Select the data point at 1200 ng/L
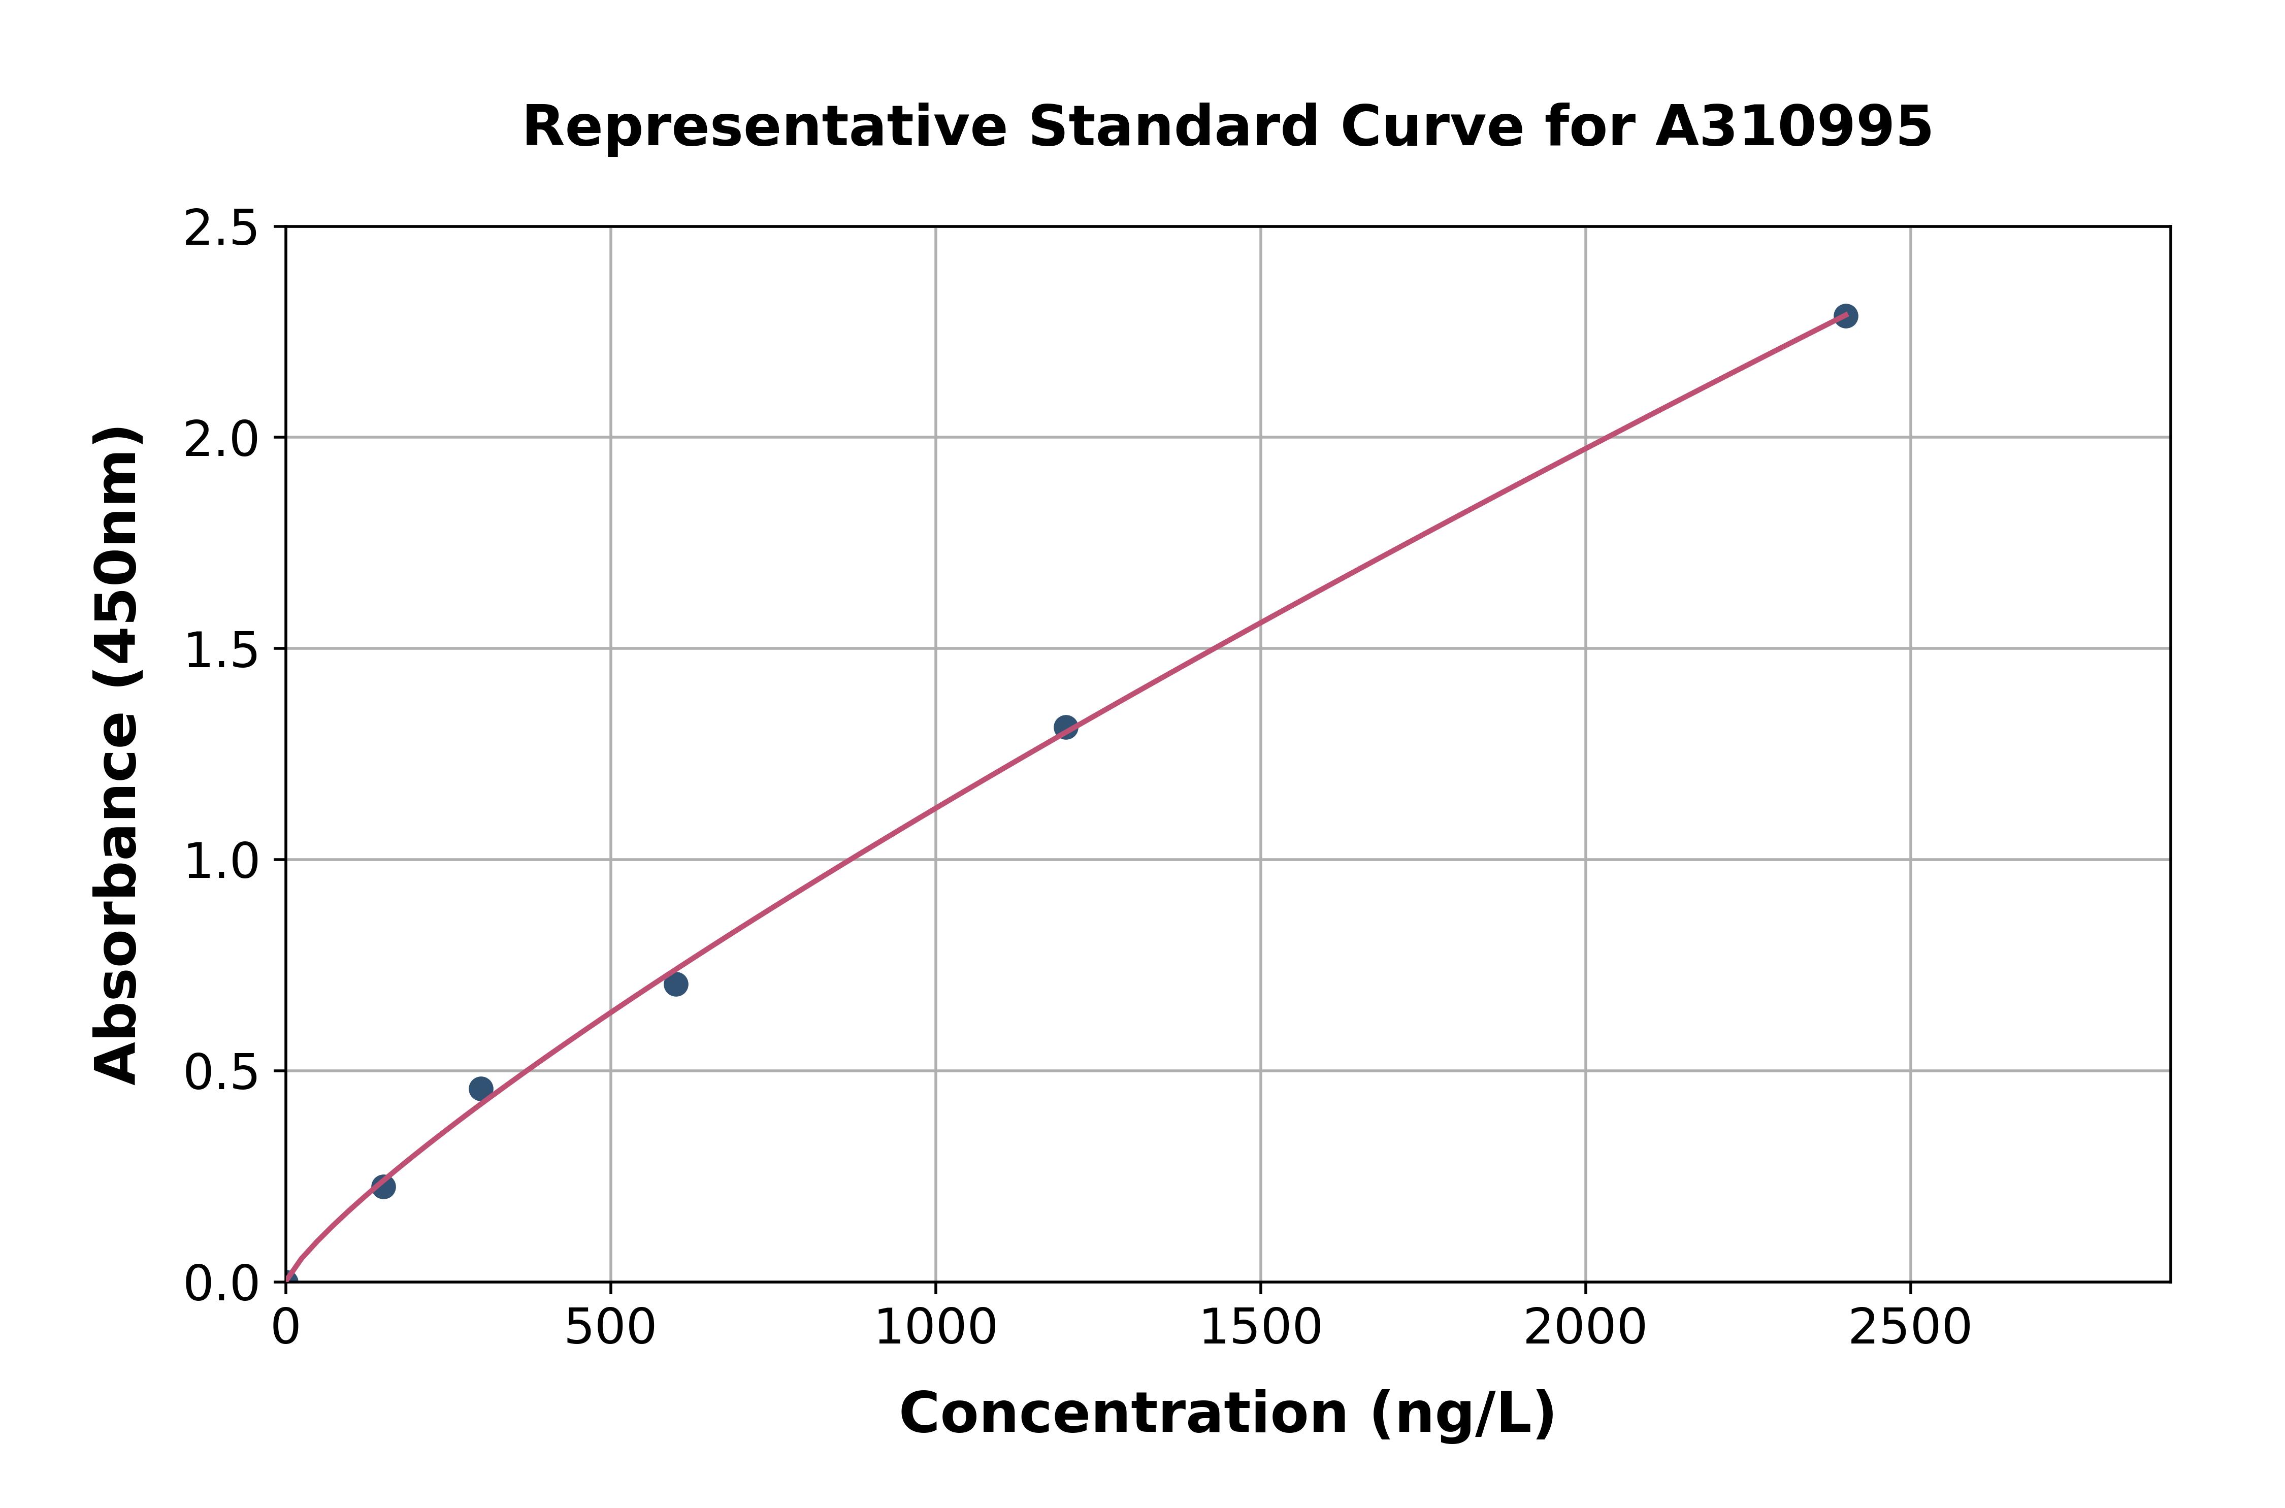tap(1065, 727)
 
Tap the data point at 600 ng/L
tap(676, 984)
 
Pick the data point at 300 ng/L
tap(481, 1089)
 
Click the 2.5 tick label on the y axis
tap(221, 229)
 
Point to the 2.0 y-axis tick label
tap(221, 440)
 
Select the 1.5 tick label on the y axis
tap(221, 651)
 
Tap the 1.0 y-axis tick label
tap(221, 862)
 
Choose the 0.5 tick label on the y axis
tap(221, 1073)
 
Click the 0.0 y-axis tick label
tap(221, 1284)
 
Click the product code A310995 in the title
tap(1793, 127)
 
